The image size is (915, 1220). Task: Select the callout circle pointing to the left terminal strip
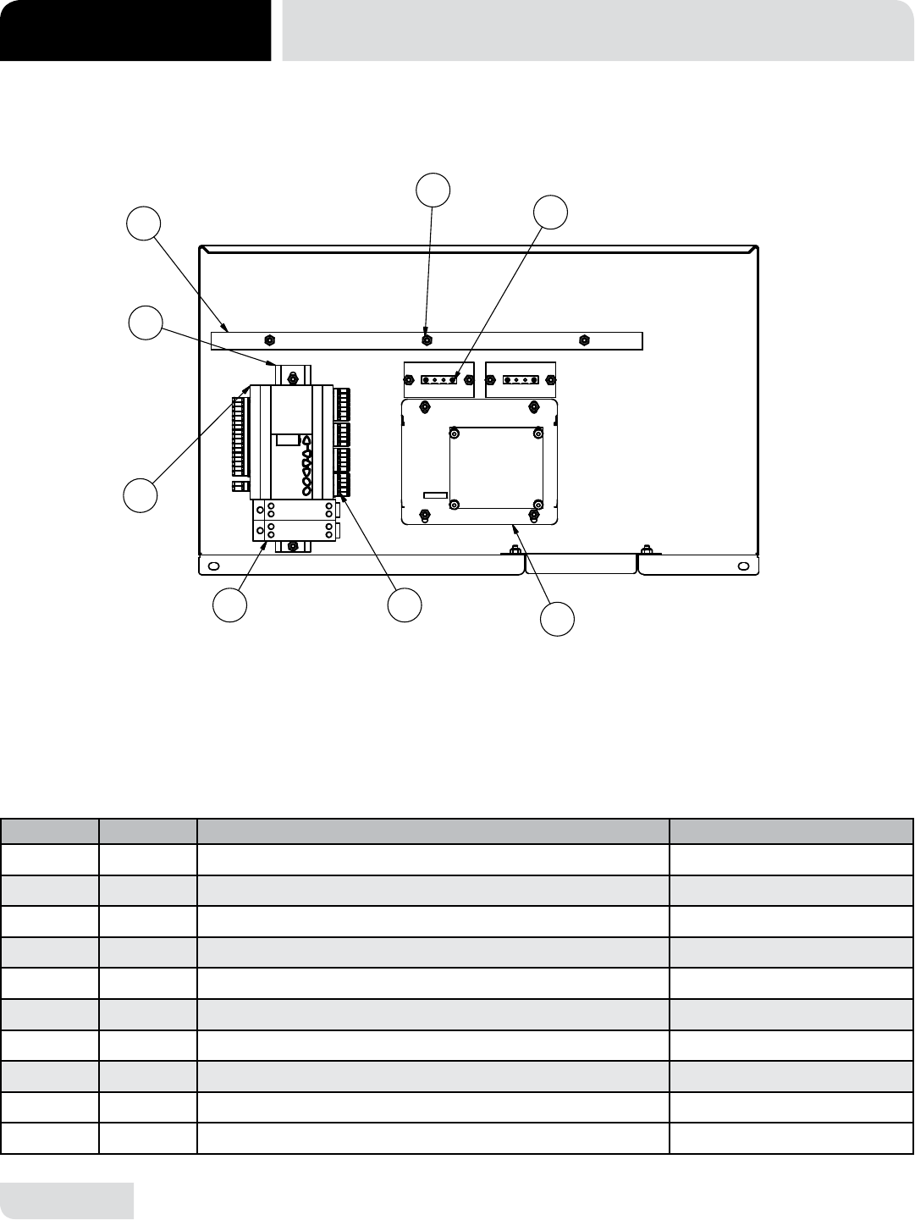[x=141, y=495]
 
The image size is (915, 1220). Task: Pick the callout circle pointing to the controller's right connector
[x=405, y=604]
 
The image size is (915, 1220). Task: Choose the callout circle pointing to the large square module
[x=558, y=619]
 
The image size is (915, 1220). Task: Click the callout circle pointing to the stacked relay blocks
[x=229, y=605]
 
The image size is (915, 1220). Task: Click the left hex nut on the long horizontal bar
[x=268, y=340]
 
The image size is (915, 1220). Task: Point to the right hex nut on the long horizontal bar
[x=583, y=340]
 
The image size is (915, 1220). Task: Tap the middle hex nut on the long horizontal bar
[x=427, y=340]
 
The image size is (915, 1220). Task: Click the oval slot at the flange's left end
[x=213, y=566]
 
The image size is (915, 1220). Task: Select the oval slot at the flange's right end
[x=743, y=566]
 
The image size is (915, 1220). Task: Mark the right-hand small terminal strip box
[x=520, y=379]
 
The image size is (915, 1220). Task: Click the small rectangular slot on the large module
[x=435, y=494]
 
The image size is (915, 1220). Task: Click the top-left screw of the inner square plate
[x=455, y=434]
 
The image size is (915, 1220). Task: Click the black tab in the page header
[x=135, y=30]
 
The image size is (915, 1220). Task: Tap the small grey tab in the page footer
[x=67, y=1201]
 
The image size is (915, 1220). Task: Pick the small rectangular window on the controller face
[x=286, y=439]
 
